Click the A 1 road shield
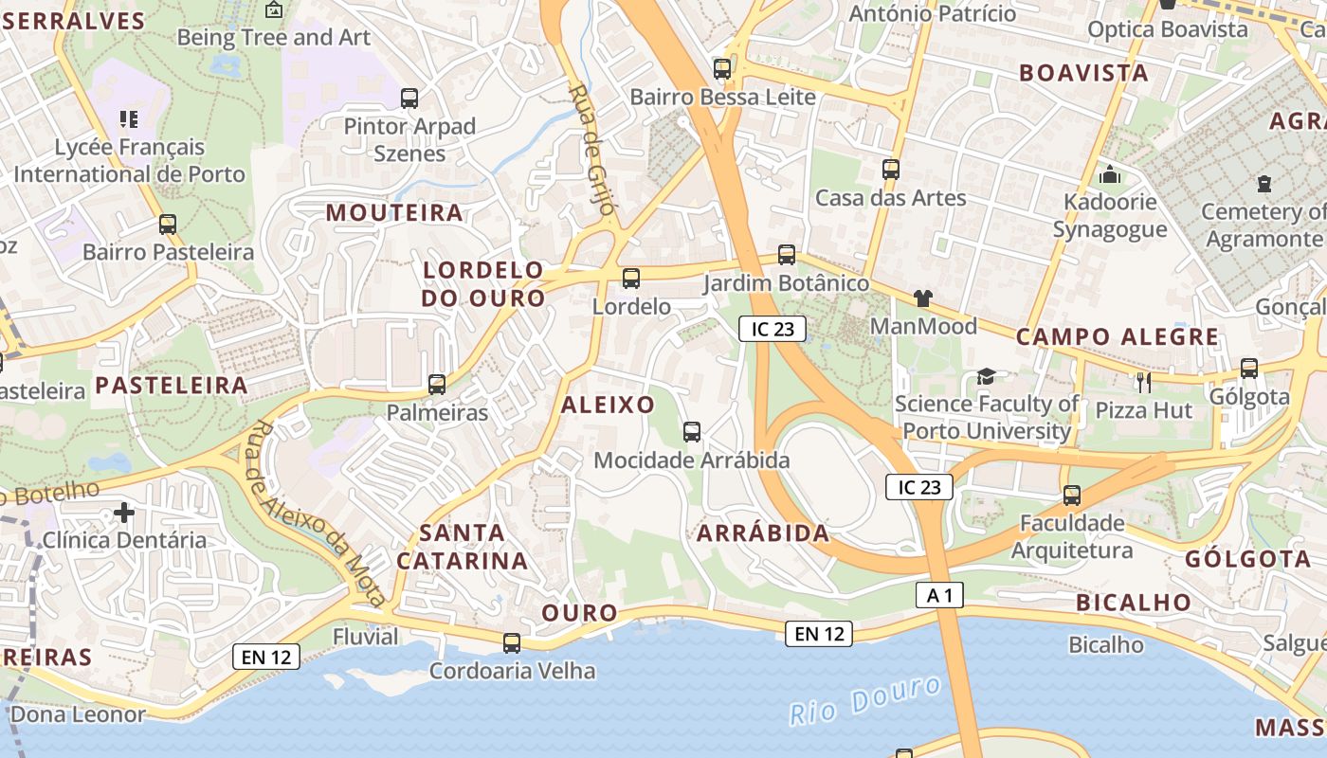940,595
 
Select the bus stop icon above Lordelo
631,279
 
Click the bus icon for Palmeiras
437,385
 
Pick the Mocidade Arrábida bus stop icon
692,432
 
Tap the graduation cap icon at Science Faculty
986,377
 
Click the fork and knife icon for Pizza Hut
1144,382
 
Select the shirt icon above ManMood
923,298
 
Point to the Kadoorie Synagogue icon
1110,174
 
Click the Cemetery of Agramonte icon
1263,183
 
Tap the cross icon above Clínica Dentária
124,513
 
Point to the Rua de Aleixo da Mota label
317,512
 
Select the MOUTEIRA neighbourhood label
394,213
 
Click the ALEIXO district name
608,406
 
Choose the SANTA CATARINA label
462,547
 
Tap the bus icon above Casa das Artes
891,170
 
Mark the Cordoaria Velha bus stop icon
512,643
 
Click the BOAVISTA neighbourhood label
1083,74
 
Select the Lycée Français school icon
129,119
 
